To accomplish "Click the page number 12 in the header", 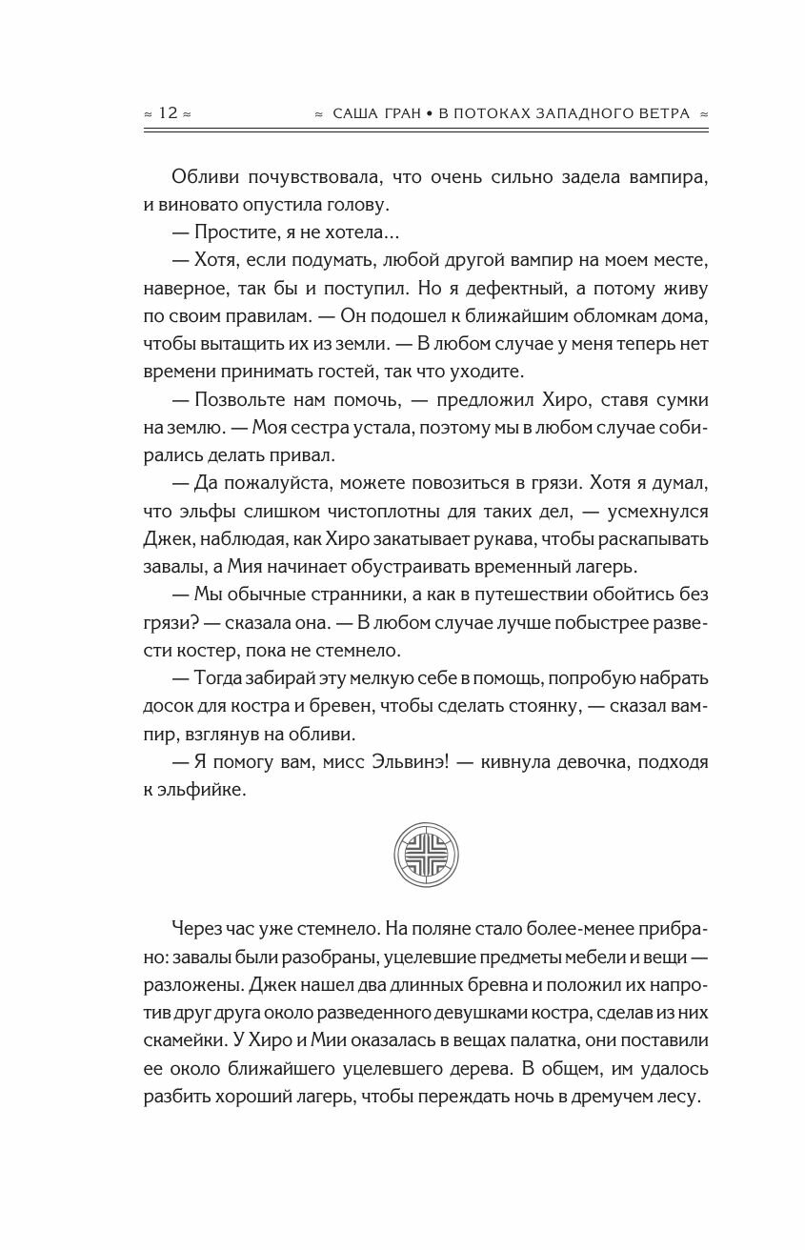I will tap(168, 113).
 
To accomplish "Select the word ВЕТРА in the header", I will tap(664, 113).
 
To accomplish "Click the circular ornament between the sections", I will tap(426, 844).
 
